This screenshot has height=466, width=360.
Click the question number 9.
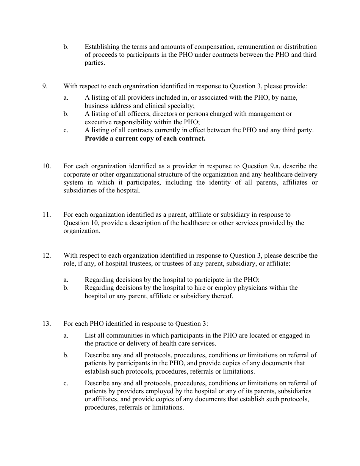coord(44,86)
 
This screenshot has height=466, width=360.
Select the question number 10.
coord(46,166)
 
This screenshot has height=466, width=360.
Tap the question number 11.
coord(46,214)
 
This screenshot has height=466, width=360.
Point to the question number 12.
coord(46,255)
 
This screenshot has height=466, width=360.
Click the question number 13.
coord(46,324)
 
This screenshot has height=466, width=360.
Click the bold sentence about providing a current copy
coord(145,138)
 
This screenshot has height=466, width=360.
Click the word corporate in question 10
coord(77,174)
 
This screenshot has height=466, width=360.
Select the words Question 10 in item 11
coord(81,223)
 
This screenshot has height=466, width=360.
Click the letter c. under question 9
coord(66,130)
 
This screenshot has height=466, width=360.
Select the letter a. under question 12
coord(66,280)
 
